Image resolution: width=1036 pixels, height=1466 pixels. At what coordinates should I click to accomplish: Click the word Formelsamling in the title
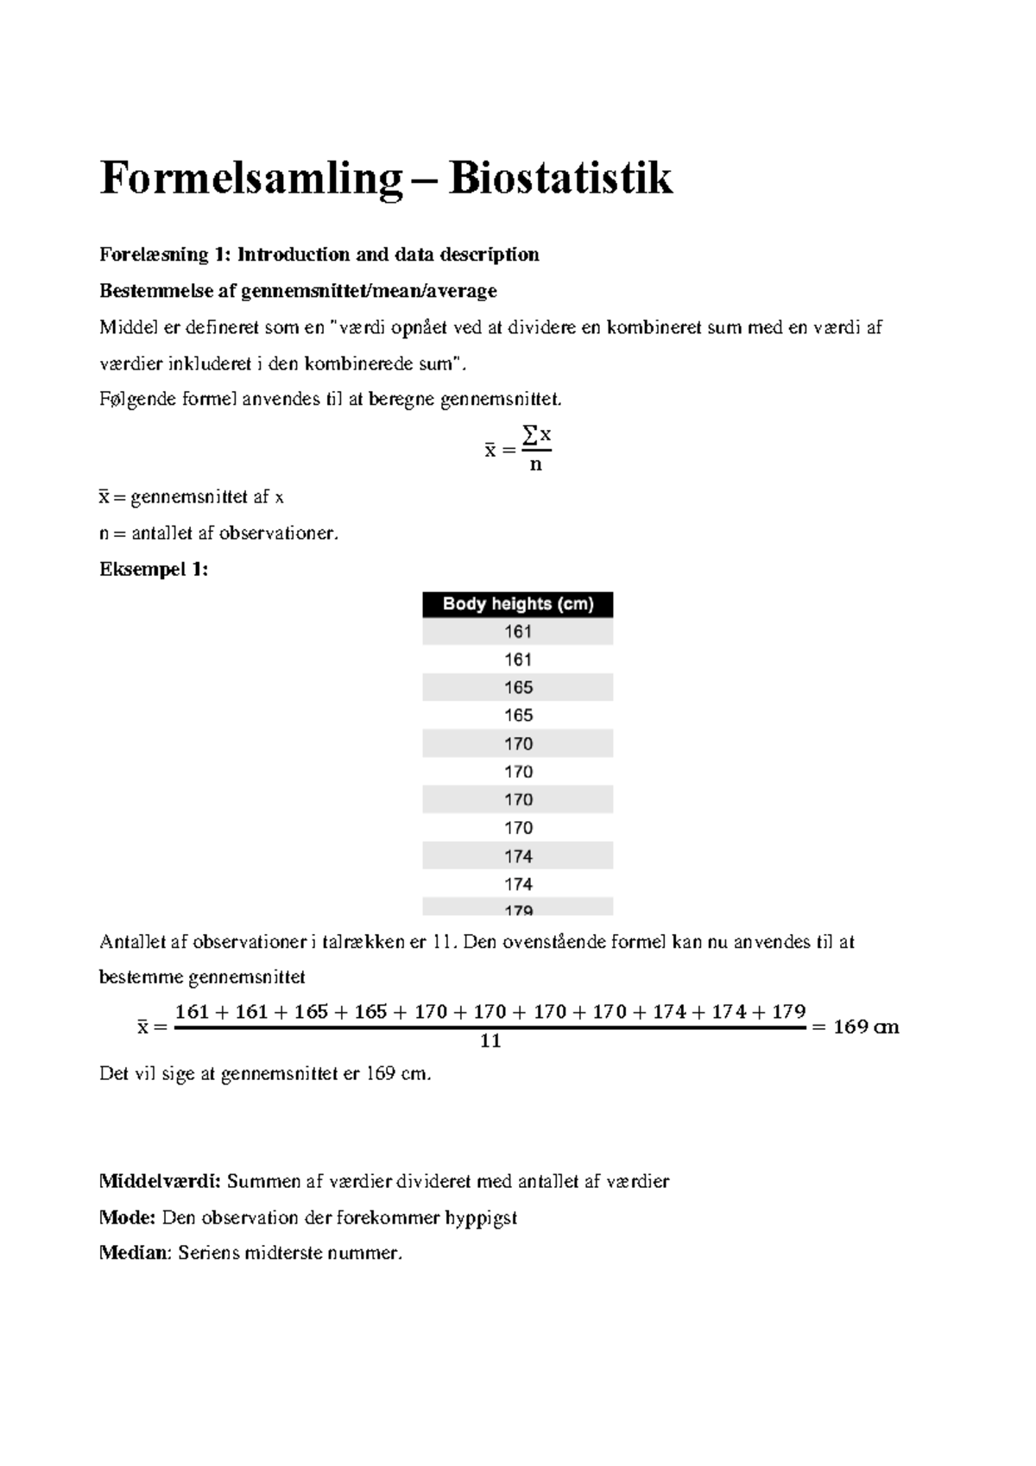tap(251, 180)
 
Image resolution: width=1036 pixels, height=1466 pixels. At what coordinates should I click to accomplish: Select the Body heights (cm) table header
tap(518, 604)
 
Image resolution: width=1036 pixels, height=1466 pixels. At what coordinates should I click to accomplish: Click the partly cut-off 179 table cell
tap(518, 909)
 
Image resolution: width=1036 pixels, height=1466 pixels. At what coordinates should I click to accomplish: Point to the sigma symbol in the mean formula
tap(530, 438)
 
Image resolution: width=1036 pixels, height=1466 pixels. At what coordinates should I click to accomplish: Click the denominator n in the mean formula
tap(536, 465)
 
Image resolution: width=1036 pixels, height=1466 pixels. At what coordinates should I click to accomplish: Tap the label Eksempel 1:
tap(154, 570)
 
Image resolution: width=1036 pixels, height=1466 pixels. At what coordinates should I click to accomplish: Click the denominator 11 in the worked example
tap(490, 1041)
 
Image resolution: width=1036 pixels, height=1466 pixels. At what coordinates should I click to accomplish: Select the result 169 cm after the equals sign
tap(866, 1027)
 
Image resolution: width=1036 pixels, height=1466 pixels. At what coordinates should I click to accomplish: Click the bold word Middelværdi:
tap(161, 1181)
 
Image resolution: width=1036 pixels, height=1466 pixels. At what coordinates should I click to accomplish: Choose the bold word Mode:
tap(128, 1217)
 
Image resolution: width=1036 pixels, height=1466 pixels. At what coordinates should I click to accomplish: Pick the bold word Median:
tap(136, 1253)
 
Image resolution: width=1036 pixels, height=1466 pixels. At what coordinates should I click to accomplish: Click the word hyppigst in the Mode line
tap(481, 1217)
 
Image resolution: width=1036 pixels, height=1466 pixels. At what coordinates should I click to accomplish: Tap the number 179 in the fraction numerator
tap(788, 1012)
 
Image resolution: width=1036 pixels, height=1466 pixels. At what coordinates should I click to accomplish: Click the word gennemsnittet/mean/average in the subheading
tap(369, 291)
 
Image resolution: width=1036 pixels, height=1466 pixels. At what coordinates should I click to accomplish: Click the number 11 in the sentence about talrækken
tap(443, 942)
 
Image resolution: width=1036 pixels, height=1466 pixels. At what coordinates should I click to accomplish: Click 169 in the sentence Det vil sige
tap(381, 1074)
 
